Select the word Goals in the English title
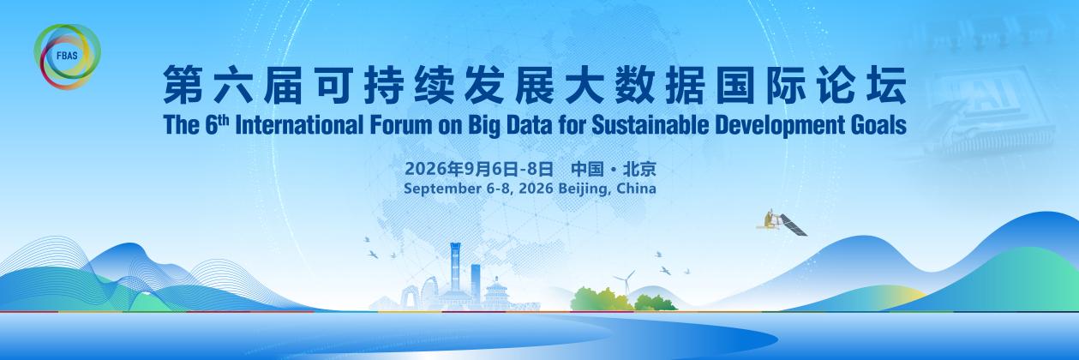coord(874,125)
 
